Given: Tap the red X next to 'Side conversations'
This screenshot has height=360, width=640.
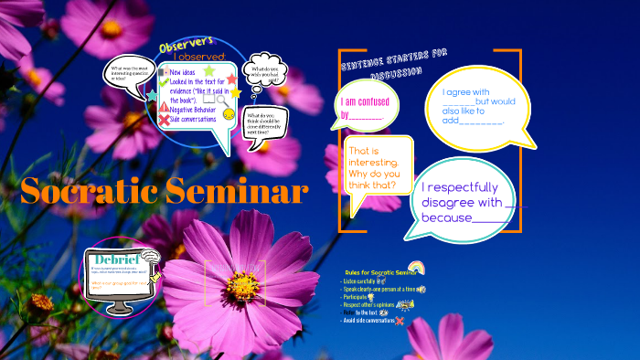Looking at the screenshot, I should click(164, 120).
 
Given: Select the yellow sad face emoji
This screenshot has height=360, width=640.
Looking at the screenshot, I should click(229, 114).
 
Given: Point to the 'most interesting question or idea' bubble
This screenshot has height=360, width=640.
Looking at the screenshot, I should click(129, 74).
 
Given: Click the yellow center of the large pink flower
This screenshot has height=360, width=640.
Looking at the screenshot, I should click(242, 285).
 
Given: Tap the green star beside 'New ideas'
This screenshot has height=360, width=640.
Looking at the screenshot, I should click(209, 70).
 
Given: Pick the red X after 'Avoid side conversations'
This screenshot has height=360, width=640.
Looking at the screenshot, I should click(400, 321).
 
